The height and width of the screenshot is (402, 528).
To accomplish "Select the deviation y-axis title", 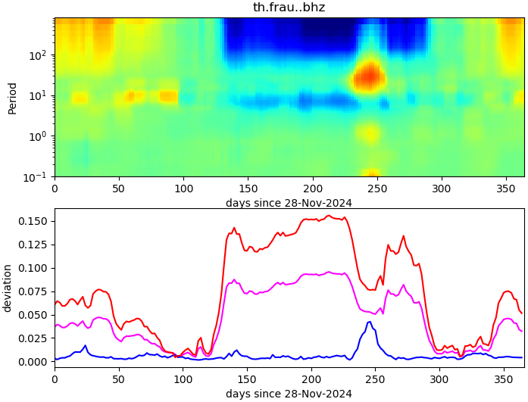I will tap(8, 288).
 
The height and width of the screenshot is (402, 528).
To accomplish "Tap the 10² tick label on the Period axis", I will tap(39, 55).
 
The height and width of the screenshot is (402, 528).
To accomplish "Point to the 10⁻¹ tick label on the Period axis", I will tap(37, 176).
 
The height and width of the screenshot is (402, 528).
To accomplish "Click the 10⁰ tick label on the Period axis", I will tap(39, 136).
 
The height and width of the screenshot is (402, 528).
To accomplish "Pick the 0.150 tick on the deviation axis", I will tap(34, 221).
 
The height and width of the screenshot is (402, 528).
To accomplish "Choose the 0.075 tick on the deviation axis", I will tap(34, 291).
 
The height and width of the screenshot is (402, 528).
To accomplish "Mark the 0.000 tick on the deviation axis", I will tap(34, 362).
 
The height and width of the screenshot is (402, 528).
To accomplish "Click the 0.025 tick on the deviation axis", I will tap(34, 338).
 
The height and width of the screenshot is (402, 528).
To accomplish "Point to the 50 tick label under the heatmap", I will tap(119, 187).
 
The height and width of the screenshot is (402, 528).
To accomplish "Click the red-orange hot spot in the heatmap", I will tap(369, 75).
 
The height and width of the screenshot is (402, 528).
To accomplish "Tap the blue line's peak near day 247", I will tap(370, 322).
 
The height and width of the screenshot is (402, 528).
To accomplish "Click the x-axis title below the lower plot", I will tap(289, 394).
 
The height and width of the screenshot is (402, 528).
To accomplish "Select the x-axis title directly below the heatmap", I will tap(289, 203).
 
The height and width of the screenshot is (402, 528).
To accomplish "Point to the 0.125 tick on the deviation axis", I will tap(34, 245).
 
